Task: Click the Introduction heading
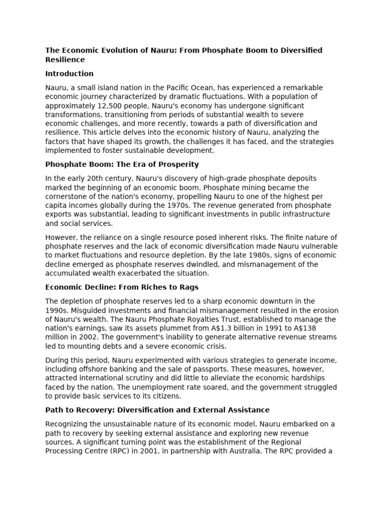click(69, 74)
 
